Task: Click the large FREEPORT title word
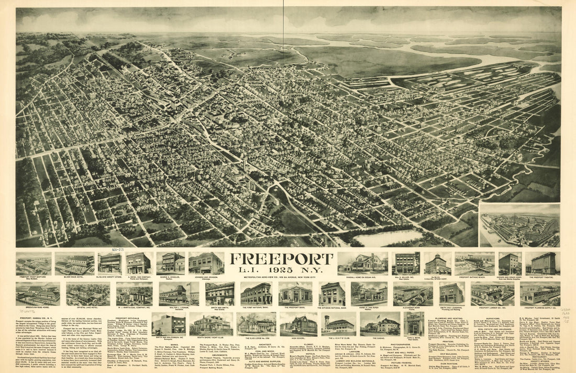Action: pos(282,259)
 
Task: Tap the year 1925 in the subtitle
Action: pos(282,271)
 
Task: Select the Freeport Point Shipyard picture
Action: pos(34,264)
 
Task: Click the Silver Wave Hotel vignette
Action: pos(74,264)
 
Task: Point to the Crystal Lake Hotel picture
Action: pos(80,294)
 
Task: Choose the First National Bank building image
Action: pos(256,293)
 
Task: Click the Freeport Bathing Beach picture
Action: pos(474,264)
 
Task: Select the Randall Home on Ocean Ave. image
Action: pos(362,263)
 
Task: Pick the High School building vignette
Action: pos(298,324)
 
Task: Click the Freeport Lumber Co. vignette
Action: pos(492,294)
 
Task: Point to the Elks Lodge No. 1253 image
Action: pos(256,324)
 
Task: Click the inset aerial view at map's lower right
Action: pos(519,225)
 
